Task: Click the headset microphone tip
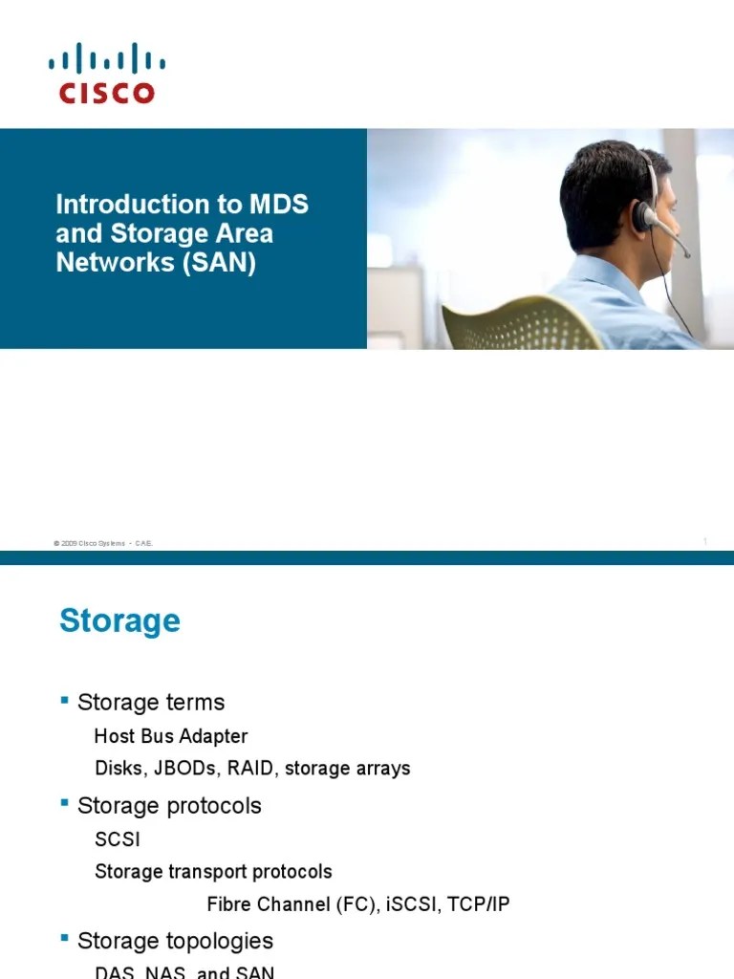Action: tap(685, 254)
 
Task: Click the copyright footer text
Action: tap(103, 543)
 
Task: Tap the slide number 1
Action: tap(704, 542)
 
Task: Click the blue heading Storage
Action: tap(119, 620)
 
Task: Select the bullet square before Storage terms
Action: tap(65, 701)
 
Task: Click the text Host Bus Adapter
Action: tap(171, 736)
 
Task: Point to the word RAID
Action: tap(251, 768)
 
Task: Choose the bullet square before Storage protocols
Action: tap(65, 805)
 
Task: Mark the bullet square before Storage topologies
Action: tap(65, 940)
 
